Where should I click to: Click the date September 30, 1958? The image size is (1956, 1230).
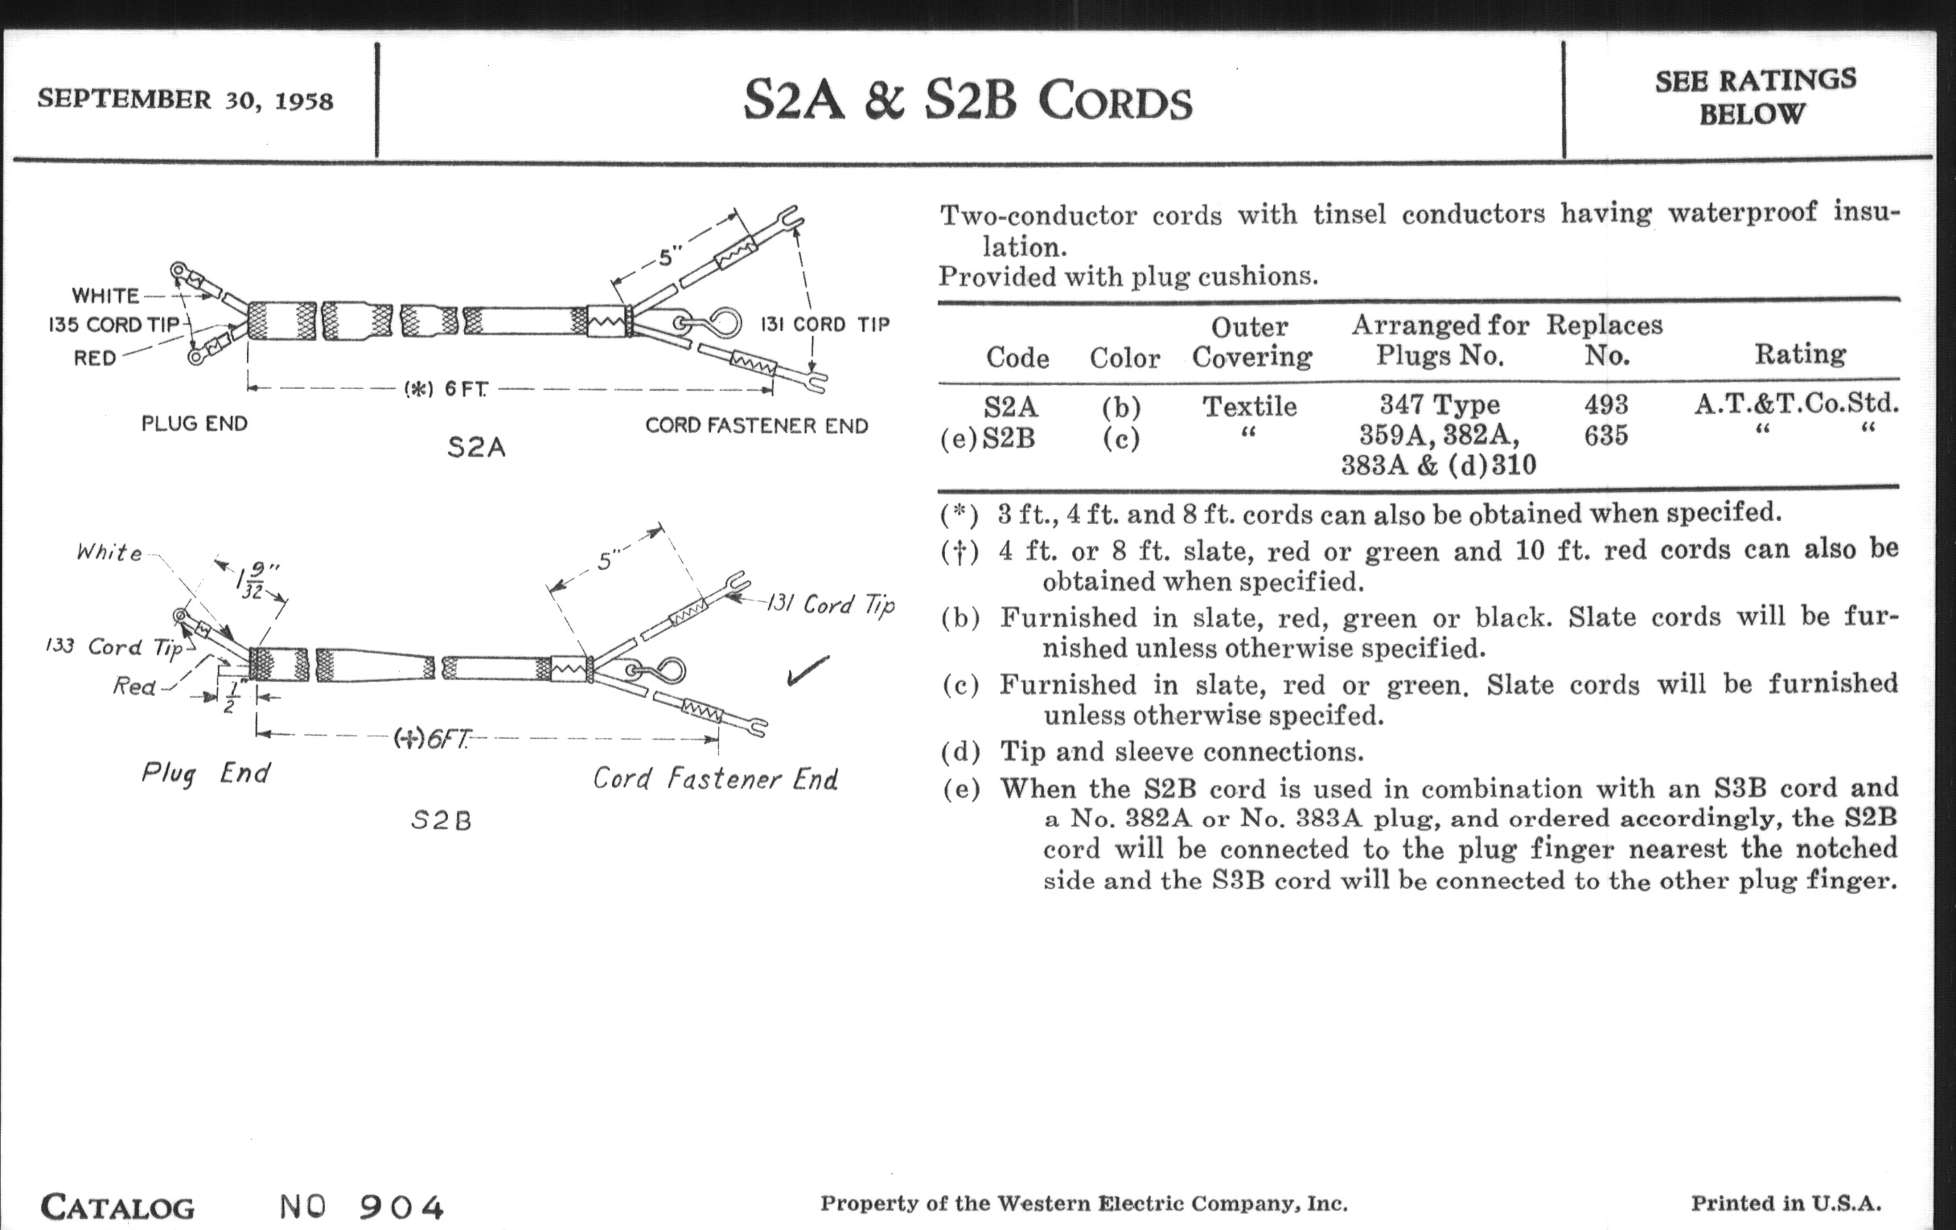185,100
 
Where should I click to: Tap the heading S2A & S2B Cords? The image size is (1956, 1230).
968,101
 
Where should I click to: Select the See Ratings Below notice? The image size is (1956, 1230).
1755,96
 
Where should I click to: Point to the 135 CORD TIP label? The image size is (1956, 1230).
113,325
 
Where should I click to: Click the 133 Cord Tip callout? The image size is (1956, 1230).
113,647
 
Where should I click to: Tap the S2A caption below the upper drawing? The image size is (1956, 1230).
476,447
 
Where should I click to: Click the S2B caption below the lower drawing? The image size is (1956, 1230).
441,821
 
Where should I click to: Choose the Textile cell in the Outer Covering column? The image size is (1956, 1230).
1249,406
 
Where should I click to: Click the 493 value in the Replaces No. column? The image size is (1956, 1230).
1605,404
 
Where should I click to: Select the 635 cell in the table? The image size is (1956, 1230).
1605,436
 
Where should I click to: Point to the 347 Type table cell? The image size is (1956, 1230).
1440,404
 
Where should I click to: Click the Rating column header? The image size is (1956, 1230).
1799,354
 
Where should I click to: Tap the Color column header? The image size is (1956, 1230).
1124,357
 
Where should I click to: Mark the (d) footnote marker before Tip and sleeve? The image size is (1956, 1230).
960,752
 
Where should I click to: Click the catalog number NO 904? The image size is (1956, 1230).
361,1207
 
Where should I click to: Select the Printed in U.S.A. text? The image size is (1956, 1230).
1785,1203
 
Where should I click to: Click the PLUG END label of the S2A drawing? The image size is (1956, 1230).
194,424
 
